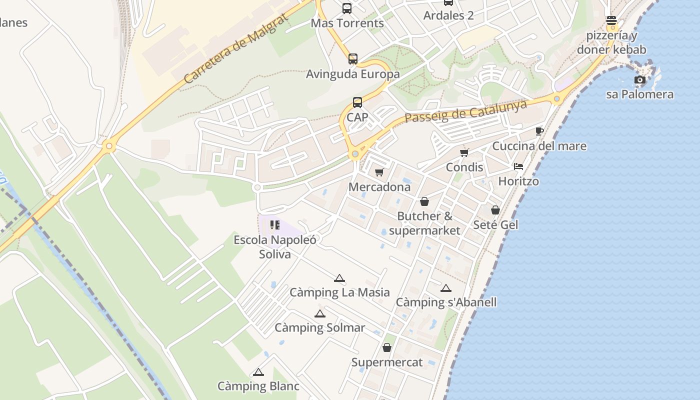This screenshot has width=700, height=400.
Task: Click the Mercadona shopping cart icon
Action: pos(379,172)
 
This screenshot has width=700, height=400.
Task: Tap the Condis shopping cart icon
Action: pos(464,152)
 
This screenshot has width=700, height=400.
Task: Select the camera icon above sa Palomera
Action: pos(639,79)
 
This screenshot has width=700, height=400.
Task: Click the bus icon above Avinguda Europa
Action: pos(353,59)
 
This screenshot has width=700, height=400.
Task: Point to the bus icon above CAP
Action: pos(357,102)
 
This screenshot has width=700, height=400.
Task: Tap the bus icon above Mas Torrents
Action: pos(346,8)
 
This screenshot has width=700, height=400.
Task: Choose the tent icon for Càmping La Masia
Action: pos(339,278)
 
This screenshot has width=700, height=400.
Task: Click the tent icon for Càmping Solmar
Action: pos(320,313)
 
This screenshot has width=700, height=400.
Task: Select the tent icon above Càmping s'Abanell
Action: pos(446,288)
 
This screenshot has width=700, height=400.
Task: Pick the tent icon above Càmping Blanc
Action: pos(258,372)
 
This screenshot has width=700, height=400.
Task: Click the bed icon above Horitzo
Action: pos(518,166)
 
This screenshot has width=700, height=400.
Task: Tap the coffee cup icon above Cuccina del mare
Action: pos(539,131)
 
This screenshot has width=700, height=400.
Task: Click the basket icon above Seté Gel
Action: pos(495,210)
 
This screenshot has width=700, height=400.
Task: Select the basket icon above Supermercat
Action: pos(387,347)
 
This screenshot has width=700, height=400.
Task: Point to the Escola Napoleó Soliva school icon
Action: pos(274,225)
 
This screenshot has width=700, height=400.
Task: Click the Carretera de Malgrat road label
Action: pos(236,48)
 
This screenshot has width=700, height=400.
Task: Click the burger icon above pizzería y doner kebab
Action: pos(611,21)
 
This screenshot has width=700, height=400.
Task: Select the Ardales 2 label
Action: pos(448,15)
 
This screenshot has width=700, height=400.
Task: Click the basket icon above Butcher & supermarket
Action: pos(424,201)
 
